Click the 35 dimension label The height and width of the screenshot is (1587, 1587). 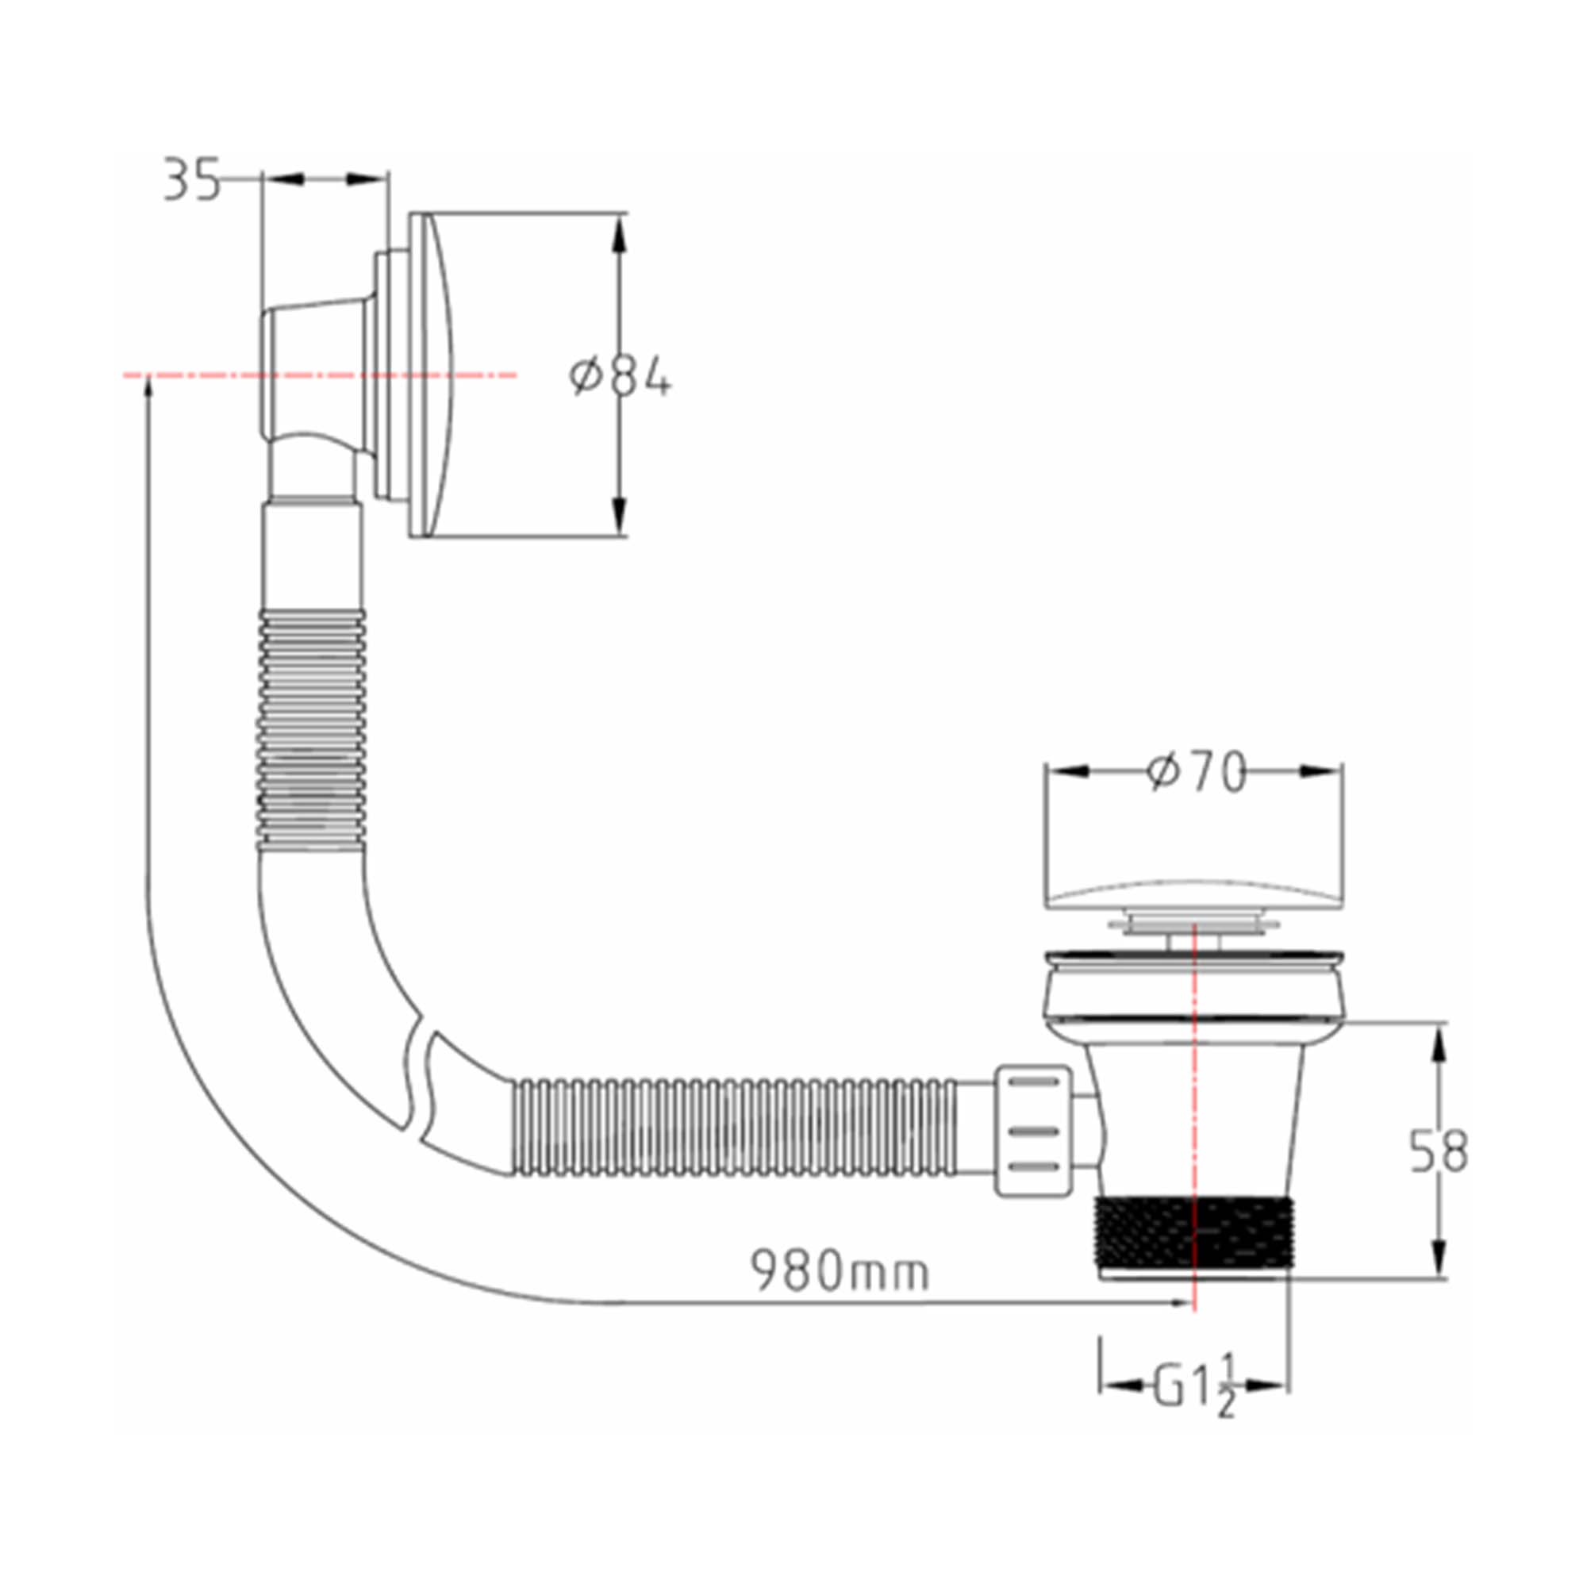[192, 182]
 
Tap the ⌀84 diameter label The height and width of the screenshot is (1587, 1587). [621, 379]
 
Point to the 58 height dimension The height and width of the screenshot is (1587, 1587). [1439, 1151]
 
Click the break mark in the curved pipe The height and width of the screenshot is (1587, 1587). [419, 1082]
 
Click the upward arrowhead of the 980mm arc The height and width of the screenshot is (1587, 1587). [148, 387]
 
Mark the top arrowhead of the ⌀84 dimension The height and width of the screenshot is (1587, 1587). [620, 233]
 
